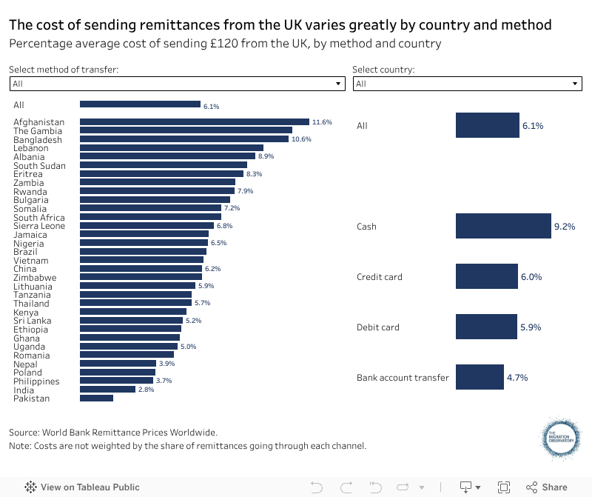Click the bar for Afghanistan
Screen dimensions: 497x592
coord(194,121)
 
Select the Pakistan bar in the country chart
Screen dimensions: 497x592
coord(96,398)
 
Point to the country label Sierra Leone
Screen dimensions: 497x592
coord(39,226)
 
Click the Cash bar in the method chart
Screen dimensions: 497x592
coord(502,226)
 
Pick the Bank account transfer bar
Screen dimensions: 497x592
coord(480,377)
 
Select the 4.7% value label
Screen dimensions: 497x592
coord(517,378)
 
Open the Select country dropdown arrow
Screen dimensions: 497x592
coord(576,84)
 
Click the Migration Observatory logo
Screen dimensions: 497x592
coord(560,441)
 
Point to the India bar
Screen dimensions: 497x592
coord(107,389)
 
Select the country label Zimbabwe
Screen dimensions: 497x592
coord(35,278)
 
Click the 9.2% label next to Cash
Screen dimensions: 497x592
coord(564,227)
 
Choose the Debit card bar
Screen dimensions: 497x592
coord(486,327)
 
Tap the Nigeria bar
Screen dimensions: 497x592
coord(144,243)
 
